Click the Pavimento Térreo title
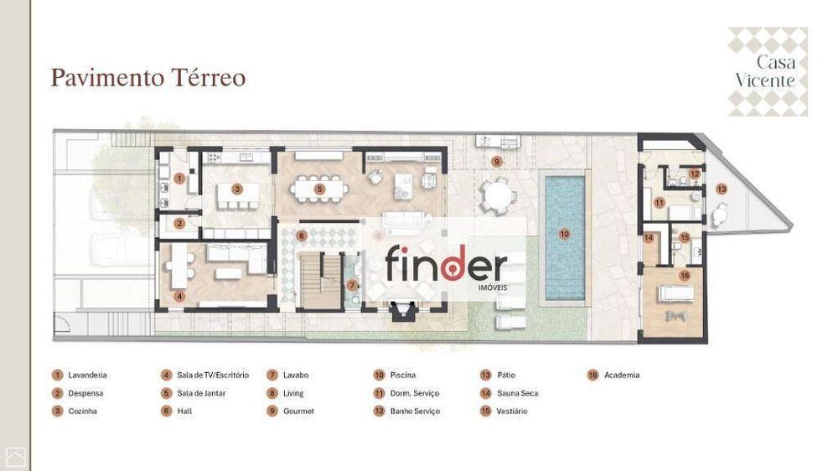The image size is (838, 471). tap(147, 78)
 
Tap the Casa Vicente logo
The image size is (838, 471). tap(767, 71)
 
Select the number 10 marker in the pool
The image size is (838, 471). tap(564, 234)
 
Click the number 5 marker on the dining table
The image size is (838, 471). tap(319, 189)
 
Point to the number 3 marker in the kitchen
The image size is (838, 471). tap(237, 189)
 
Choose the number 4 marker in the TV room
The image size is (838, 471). tap(179, 295)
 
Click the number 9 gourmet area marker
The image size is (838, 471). tap(496, 161)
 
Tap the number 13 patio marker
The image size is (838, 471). tap(722, 189)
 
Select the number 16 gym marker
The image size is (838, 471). tap(685, 275)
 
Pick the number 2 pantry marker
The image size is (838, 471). tap(178, 223)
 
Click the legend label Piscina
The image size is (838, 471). tap(402, 375)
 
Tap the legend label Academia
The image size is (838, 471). tap(621, 375)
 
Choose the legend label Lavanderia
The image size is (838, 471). tap(87, 375)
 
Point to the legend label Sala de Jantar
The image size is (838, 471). tap(201, 393)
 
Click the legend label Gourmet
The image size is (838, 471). tap(298, 411)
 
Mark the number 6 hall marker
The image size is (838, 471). tap(302, 236)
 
